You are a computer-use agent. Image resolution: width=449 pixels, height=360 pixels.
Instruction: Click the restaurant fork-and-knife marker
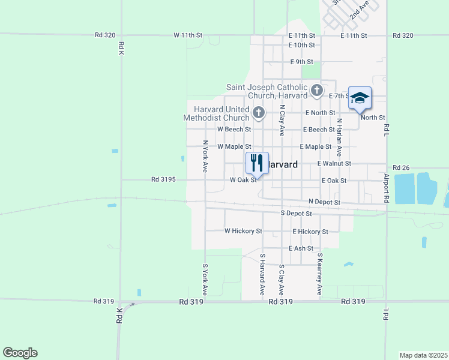pyautogui.click(x=257, y=163)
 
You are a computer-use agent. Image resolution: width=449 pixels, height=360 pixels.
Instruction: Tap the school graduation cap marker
pyautogui.click(x=360, y=98)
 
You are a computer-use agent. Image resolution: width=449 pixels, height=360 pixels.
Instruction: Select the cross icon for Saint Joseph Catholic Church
pyautogui.click(x=318, y=92)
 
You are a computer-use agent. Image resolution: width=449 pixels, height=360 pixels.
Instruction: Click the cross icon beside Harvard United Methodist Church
pyautogui.click(x=258, y=112)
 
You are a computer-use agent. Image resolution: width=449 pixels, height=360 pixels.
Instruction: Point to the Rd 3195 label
pyautogui.click(x=163, y=179)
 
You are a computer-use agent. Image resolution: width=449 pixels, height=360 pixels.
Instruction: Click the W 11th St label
pyautogui.click(x=188, y=35)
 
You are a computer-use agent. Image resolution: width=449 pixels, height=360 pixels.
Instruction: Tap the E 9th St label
pyautogui.click(x=301, y=62)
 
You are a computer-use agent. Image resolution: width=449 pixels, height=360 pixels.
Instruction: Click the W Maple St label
pyautogui.click(x=232, y=146)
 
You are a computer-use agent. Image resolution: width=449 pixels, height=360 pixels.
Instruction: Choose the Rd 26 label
pyautogui.click(x=400, y=167)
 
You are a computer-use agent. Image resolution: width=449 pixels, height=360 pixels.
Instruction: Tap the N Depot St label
pyautogui.click(x=324, y=203)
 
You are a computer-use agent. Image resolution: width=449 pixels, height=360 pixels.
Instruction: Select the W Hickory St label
pyautogui.click(x=243, y=230)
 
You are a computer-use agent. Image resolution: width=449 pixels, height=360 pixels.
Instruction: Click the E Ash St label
pyautogui.click(x=301, y=248)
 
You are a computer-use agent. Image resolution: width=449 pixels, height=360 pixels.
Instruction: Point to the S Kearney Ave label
pyautogui.click(x=320, y=274)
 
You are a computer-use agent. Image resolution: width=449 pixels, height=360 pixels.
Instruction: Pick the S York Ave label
pyautogui.click(x=205, y=280)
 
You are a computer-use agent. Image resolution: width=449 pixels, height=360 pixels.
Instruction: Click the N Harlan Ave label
pyautogui.click(x=339, y=137)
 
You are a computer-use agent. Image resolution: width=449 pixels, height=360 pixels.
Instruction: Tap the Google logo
pyautogui.click(x=20, y=353)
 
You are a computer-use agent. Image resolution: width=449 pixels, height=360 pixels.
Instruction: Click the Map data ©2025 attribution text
pyautogui.click(x=423, y=355)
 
